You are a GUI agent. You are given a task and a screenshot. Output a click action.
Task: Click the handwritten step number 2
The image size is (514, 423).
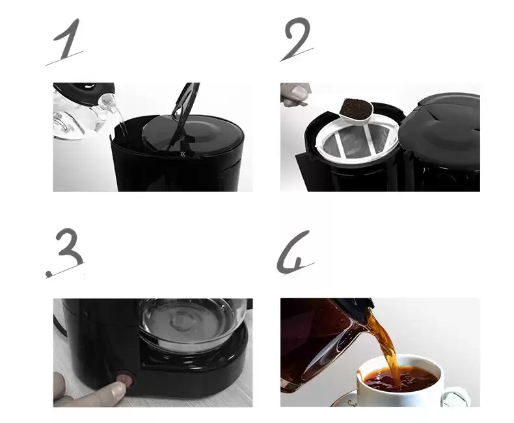pyautogui.click(x=297, y=38)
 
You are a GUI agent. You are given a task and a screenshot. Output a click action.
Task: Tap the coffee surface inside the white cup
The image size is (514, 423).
pyautogui.click(x=401, y=379)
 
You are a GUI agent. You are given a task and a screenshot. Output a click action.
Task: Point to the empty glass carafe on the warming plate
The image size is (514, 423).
pyautogui.click(x=189, y=324)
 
